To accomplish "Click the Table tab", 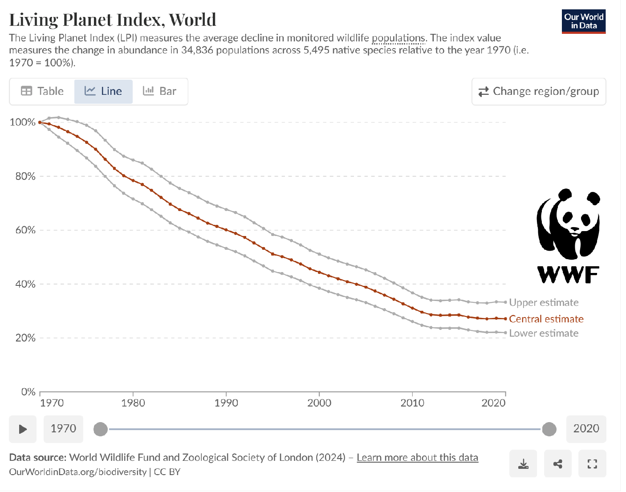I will [x=42, y=91].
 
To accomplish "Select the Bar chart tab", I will [x=160, y=91].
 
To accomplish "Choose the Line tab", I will [x=103, y=91].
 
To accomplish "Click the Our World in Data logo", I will [x=583, y=21].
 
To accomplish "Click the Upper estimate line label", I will [x=544, y=303].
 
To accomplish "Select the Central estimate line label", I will [x=546, y=319].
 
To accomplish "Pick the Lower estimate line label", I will [x=544, y=333].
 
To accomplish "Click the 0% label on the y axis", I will [x=28, y=392].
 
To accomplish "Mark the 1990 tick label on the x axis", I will [x=226, y=403].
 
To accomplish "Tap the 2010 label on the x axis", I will [x=412, y=403].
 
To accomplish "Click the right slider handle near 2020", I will [x=549, y=429].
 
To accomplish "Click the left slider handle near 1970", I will [x=101, y=429].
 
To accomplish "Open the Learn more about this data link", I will [x=417, y=458].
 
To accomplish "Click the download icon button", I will [x=523, y=464].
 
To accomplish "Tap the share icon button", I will [x=557, y=464].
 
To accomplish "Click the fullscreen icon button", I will [x=592, y=464].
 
